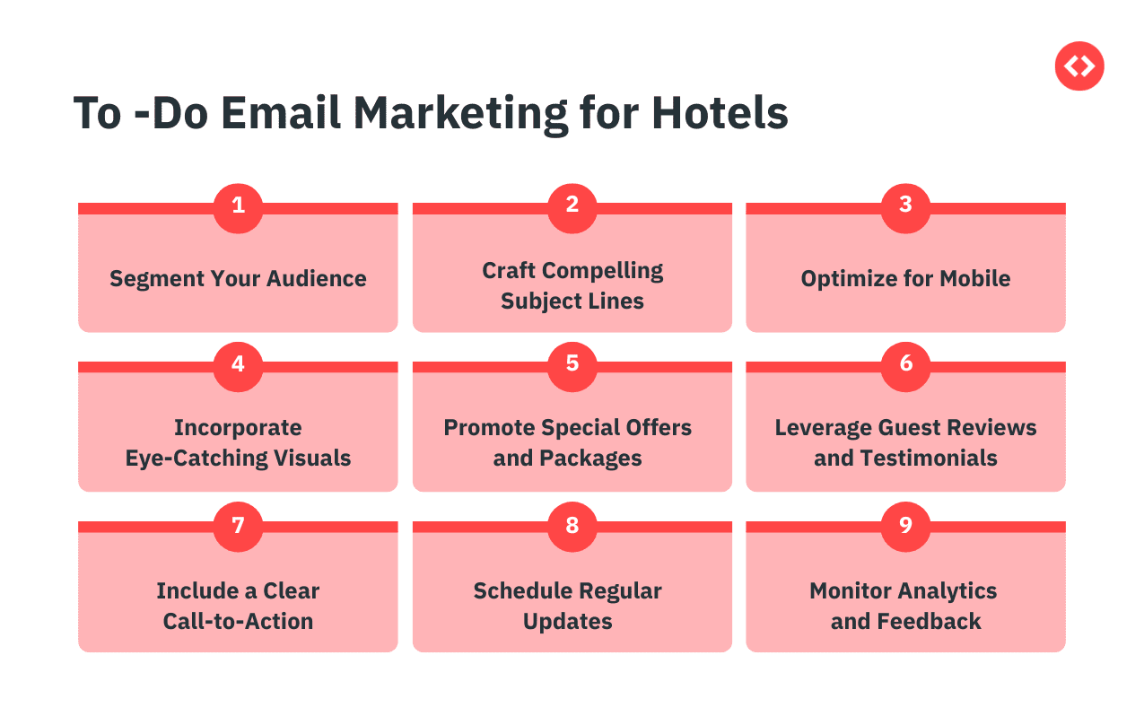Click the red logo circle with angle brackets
click(1079, 66)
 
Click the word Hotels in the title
click(720, 113)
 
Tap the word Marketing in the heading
click(460, 114)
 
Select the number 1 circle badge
click(238, 208)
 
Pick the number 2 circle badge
click(572, 208)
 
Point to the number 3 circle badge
click(905, 208)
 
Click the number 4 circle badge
click(238, 367)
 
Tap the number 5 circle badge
click(572, 367)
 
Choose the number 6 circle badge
click(905, 367)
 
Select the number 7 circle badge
click(238, 527)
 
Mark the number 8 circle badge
click(572, 527)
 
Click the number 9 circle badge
click(905, 527)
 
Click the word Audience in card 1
click(316, 279)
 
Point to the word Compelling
click(603, 272)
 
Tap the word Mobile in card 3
click(975, 279)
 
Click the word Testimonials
click(929, 458)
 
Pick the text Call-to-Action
click(238, 621)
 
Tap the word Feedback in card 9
click(929, 621)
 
